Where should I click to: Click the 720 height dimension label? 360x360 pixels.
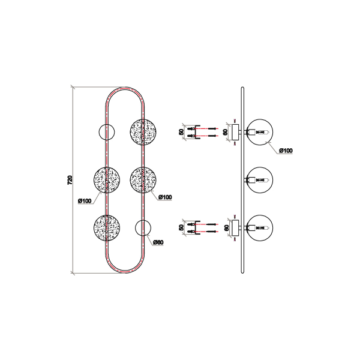point(70,180)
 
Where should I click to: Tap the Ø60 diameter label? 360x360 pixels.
point(158,242)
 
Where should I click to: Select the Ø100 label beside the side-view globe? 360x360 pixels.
point(286,151)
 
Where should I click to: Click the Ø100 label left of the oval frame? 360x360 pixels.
point(85,201)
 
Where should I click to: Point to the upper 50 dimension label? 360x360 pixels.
point(181,132)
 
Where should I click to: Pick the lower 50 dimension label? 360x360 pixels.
point(181,227)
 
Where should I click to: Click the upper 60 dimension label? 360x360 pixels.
point(226,132)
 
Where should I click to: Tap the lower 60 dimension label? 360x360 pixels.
point(226,228)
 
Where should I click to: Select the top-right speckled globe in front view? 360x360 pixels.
point(143,132)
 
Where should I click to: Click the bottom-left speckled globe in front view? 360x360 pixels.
point(107,228)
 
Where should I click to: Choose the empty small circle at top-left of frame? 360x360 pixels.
point(107,132)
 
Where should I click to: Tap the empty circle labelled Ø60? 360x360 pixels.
point(143,228)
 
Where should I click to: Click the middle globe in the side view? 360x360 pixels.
point(260,180)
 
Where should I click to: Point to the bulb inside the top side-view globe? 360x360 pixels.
point(262,132)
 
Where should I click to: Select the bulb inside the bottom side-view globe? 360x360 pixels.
point(262,228)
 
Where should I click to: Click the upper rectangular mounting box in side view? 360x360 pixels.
point(235,132)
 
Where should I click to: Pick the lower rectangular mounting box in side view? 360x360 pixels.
point(235,228)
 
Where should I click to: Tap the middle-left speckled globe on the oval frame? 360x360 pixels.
point(107,180)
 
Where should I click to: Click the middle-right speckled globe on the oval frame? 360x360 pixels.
point(143,180)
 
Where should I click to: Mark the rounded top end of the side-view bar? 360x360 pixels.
point(242,87)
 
